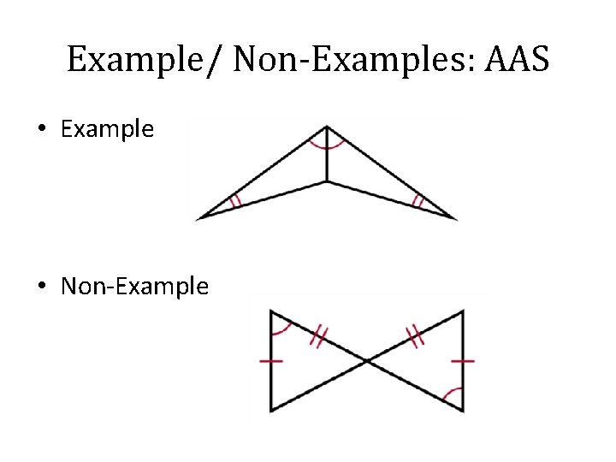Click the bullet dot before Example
(42, 130)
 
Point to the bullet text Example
(107, 130)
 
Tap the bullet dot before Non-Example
(42, 287)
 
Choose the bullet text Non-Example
(134, 287)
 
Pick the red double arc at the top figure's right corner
(418, 202)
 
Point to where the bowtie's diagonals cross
(367, 362)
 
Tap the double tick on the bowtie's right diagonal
(416, 336)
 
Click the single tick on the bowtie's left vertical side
(270, 361)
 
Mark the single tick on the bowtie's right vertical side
(463, 361)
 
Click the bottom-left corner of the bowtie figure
(270, 412)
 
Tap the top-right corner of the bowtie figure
(463, 311)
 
